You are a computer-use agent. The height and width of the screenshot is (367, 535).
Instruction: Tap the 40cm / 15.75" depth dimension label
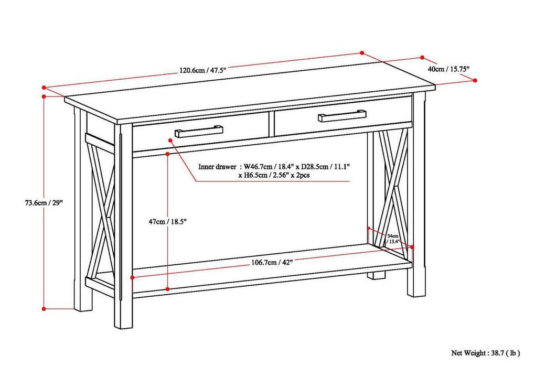pyautogui.click(x=448, y=69)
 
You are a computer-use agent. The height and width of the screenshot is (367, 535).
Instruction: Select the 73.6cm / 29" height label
pyautogui.click(x=44, y=202)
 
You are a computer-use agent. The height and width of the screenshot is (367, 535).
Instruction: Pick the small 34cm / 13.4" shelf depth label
pyautogui.click(x=393, y=239)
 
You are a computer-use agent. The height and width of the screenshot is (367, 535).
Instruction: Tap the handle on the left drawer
pyautogui.click(x=199, y=131)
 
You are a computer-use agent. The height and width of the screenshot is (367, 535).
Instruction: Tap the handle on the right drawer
pyautogui.click(x=341, y=115)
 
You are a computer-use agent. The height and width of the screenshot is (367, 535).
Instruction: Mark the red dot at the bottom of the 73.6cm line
pyautogui.click(x=44, y=308)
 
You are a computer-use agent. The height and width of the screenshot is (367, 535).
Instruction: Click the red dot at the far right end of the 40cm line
pyautogui.click(x=475, y=80)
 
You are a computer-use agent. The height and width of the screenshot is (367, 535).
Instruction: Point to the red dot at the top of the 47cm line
pyautogui.click(x=167, y=154)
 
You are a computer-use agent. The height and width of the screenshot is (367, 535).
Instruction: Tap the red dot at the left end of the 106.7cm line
pyautogui.click(x=132, y=278)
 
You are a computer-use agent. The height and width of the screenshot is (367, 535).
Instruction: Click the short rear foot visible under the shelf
pyautogui.click(x=376, y=275)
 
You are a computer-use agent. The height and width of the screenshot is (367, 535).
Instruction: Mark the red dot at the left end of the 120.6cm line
pyautogui.click(x=44, y=88)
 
